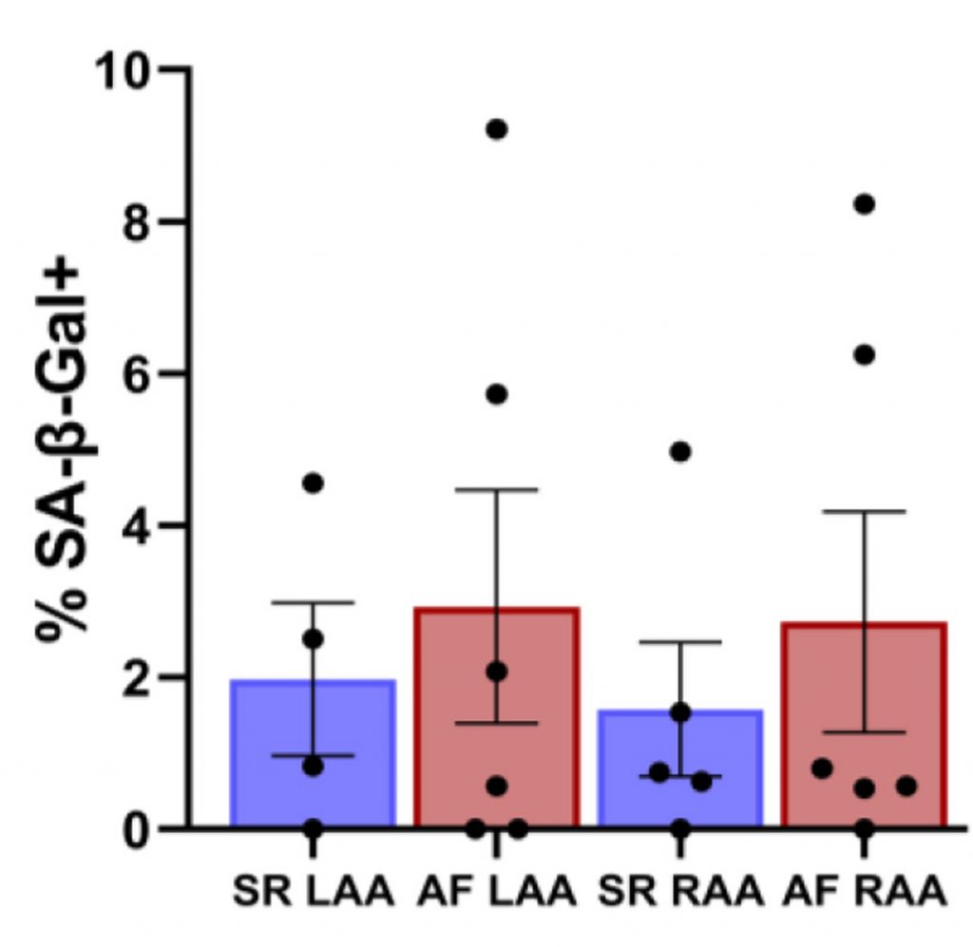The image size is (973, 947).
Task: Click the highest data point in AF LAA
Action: point(496,129)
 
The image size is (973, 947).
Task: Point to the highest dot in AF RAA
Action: point(864,204)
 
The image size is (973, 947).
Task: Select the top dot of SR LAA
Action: point(313,483)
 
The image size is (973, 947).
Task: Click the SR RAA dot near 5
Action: point(680,451)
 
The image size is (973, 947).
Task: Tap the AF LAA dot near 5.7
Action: point(496,394)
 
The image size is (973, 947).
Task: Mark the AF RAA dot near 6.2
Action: point(864,355)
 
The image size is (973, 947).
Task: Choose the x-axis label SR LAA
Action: point(313,893)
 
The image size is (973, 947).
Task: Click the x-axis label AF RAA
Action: point(864,893)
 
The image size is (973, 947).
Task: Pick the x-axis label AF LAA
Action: point(496,893)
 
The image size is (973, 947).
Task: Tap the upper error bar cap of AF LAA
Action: point(496,489)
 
